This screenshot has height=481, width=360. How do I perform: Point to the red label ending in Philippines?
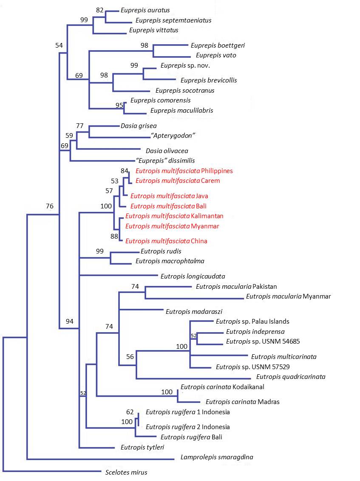point(184,171)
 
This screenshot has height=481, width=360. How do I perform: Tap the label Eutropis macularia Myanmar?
point(288,296)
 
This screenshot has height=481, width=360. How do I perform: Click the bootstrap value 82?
point(100,9)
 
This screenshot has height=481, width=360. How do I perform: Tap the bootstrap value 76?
point(50,206)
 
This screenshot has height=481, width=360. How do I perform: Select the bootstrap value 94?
point(70,321)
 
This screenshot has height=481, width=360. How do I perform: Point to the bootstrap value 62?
point(130,412)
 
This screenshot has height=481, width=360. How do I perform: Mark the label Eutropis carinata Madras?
point(242,401)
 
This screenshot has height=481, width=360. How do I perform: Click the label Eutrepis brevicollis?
point(209,80)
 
